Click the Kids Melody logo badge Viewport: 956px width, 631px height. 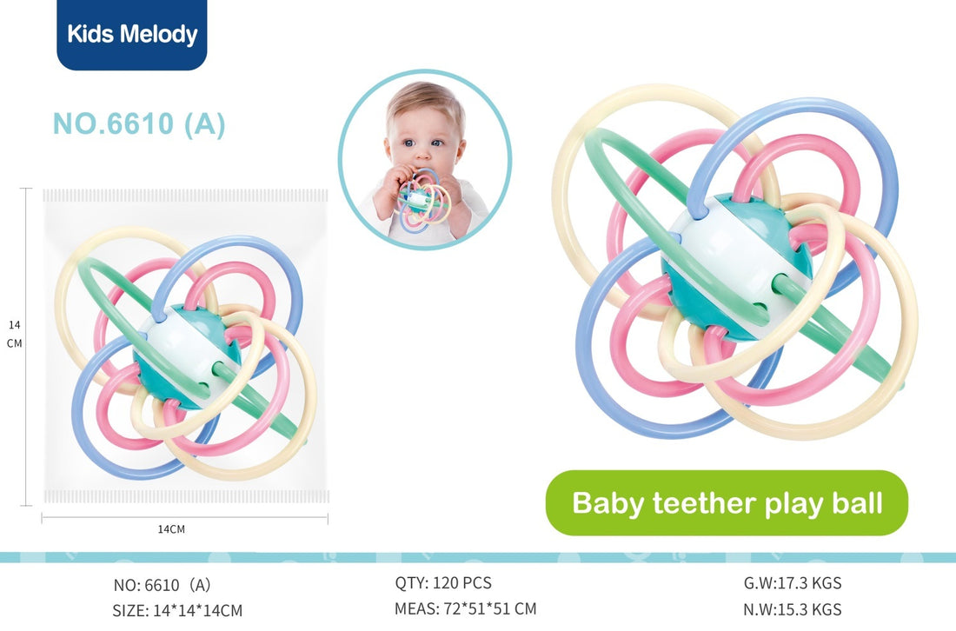(x=132, y=34)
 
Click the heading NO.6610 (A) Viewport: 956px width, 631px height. (x=139, y=123)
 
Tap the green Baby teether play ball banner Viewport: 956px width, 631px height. (x=727, y=503)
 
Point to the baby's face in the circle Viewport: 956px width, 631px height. (x=425, y=134)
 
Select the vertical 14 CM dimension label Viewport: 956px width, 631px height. (x=14, y=334)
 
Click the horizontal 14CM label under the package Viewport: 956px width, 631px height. (x=171, y=529)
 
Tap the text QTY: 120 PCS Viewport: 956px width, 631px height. (x=443, y=583)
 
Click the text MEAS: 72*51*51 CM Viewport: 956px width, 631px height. (x=465, y=608)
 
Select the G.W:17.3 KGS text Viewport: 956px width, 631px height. (x=793, y=583)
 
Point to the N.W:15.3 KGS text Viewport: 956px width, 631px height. (x=793, y=609)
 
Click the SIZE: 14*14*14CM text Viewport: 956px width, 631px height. (x=177, y=610)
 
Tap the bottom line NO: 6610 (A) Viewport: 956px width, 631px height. (x=163, y=585)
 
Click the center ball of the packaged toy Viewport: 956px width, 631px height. (x=187, y=356)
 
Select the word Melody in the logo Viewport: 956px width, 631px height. (x=158, y=34)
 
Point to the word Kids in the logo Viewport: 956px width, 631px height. (x=90, y=34)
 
